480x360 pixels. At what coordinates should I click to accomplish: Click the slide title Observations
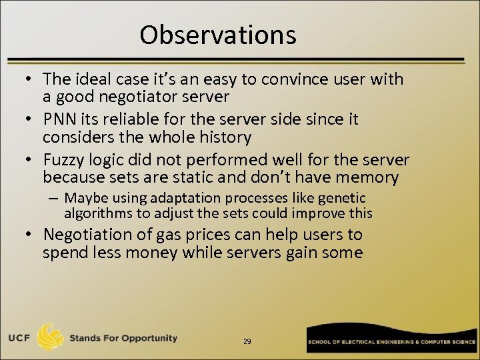(x=217, y=35)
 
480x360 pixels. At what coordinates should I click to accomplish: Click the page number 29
(x=247, y=341)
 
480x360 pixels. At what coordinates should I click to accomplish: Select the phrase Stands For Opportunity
(x=123, y=338)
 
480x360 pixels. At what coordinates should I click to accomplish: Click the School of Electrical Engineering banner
(x=391, y=341)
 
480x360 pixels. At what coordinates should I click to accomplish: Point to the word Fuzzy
(x=63, y=160)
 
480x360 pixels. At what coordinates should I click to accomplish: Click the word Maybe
(x=83, y=198)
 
